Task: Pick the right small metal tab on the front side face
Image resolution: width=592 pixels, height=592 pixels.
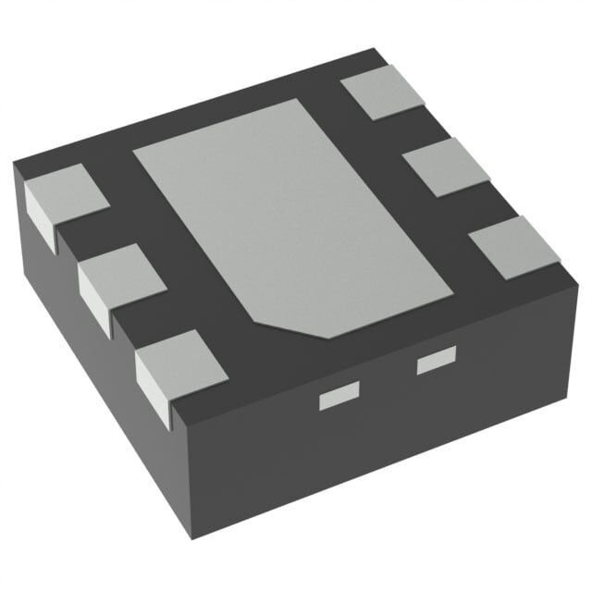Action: click(437, 362)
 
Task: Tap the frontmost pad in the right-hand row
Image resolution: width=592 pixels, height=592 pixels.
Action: click(513, 245)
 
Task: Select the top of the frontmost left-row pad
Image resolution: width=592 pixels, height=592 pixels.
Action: click(179, 354)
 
